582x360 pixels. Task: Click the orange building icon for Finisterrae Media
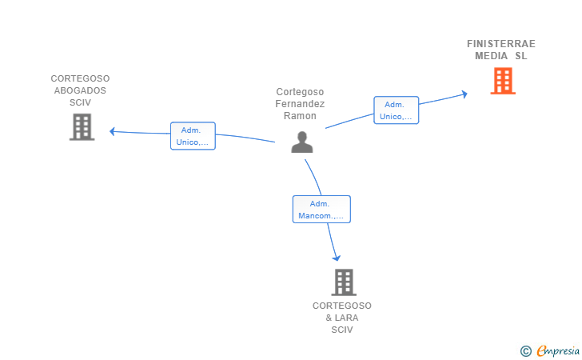click(x=503, y=81)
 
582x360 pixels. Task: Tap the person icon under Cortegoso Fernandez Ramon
click(x=302, y=142)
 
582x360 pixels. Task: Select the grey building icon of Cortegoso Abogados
click(x=82, y=127)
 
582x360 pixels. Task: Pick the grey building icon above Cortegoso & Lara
click(x=344, y=282)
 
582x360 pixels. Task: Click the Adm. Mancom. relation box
click(x=321, y=209)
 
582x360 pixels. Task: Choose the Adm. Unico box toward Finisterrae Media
click(x=396, y=110)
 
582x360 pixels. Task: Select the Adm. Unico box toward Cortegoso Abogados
click(x=193, y=136)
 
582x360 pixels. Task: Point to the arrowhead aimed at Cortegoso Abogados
click(x=112, y=131)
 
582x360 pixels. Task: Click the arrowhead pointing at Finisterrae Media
click(x=464, y=94)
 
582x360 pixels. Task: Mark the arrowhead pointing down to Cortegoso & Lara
click(x=337, y=258)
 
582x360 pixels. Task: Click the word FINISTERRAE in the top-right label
click(x=501, y=44)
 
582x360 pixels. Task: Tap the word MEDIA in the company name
click(x=492, y=56)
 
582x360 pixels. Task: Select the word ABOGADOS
click(x=80, y=90)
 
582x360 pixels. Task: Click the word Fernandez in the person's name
click(x=300, y=104)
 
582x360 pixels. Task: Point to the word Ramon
click(x=300, y=116)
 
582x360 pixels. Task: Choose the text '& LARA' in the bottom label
click(x=342, y=318)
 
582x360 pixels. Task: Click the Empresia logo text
click(x=558, y=350)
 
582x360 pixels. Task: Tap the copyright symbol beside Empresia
click(x=526, y=351)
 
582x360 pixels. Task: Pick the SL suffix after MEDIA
click(x=521, y=56)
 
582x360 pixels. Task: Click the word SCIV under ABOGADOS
click(x=80, y=102)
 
